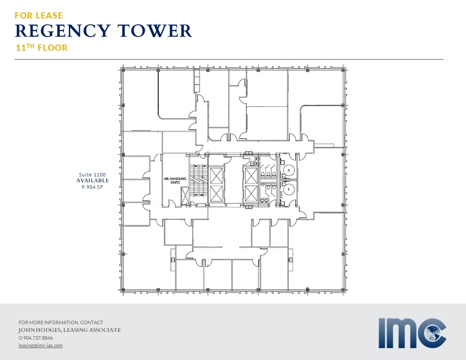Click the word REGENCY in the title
point(62,31)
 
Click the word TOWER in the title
point(154,31)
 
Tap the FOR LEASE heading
point(39,15)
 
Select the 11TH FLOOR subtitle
point(41,48)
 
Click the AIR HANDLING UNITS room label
point(175,180)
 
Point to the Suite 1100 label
point(92,175)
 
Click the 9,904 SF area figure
point(92,187)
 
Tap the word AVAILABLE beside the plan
point(93,180)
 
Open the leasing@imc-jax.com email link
point(41,345)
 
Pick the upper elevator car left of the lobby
point(216,176)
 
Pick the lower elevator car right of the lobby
point(251,193)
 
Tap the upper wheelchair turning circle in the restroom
point(288,169)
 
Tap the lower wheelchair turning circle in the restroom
point(288,189)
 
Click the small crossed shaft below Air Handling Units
point(185,195)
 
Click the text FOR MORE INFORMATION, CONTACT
point(60,322)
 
